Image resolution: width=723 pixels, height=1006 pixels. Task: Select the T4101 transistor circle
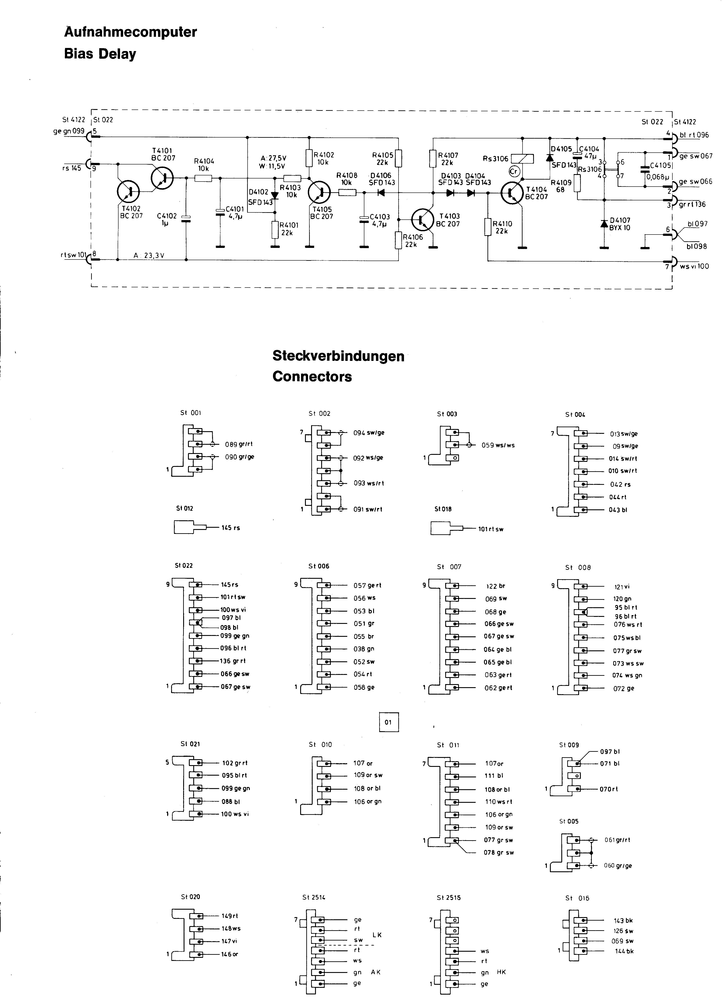(162, 177)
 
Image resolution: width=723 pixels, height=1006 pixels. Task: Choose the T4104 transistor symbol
(513, 192)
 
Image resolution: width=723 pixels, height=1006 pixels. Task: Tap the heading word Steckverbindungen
(338, 356)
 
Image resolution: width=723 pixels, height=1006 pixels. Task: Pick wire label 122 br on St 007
(496, 586)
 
